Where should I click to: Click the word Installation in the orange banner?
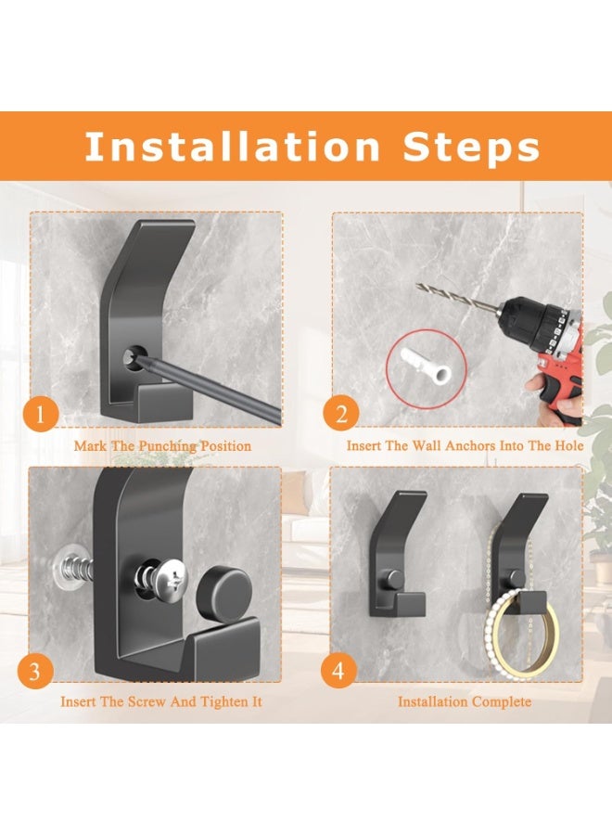point(232,147)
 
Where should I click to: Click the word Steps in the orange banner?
point(471,148)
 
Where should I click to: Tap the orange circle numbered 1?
point(41,415)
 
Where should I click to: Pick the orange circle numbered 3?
point(35,672)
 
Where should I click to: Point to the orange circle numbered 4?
point(338,671)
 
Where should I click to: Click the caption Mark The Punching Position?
point(162,445)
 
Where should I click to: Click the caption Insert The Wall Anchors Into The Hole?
point(465,445)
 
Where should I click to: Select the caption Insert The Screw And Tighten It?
point(161,701)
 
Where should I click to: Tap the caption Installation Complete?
point(465,701)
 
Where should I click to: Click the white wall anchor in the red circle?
point(427,366)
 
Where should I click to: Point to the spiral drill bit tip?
point(417,286)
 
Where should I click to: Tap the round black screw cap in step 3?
point(223,592)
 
